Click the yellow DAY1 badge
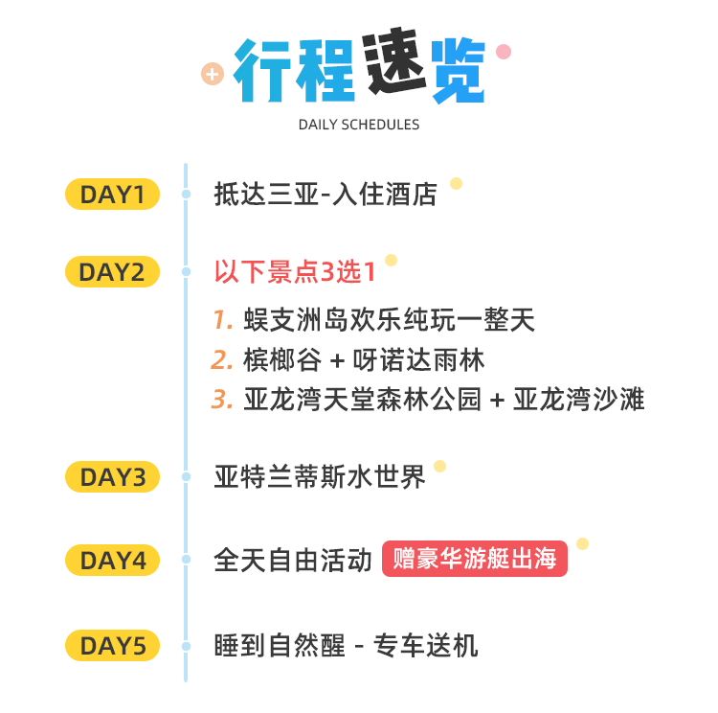112,194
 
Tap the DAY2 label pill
112,271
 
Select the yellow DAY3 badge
112,477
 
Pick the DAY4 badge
112,560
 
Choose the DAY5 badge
112,646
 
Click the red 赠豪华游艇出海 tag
475,559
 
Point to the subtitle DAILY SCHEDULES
359,125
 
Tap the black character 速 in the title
395,62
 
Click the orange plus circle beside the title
213,74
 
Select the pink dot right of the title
504,52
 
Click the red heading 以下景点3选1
295,272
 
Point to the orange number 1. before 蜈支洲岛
223,319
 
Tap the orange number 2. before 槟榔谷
222,360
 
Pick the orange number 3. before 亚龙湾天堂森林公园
222,399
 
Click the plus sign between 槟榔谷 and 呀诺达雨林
337,361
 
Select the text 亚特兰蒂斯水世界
320,477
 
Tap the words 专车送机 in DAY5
426,646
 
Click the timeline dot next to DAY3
186,477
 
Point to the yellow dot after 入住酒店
456,183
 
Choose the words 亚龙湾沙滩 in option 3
579,399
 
